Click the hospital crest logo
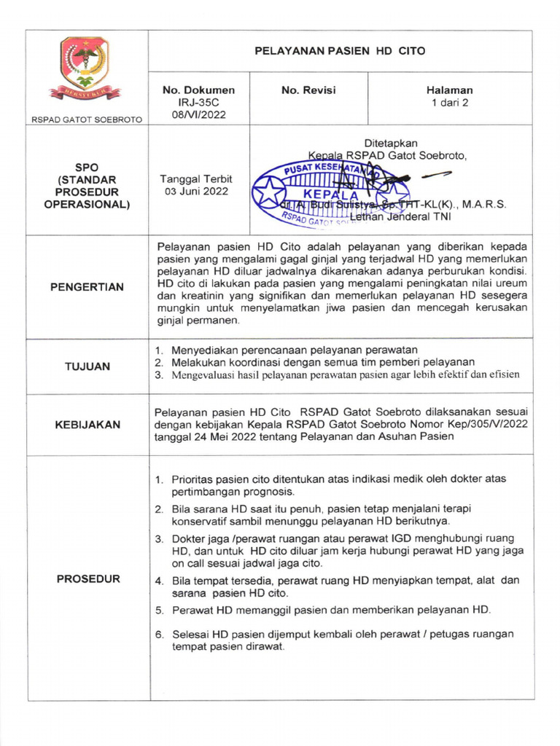point(85,68)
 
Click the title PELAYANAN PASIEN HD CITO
point(339,51)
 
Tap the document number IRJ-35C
point(198,103)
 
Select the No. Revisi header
point(308,90)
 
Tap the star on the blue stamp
point(270,194)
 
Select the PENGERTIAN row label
point(87,287)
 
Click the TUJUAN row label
point(87,366)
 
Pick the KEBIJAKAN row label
point(87,425)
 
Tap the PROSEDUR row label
point(87,579)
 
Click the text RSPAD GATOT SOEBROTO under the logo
point(87,119)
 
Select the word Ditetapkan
point(391,143)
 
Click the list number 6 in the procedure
point(158,635)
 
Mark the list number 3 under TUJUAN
point(158,374)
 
